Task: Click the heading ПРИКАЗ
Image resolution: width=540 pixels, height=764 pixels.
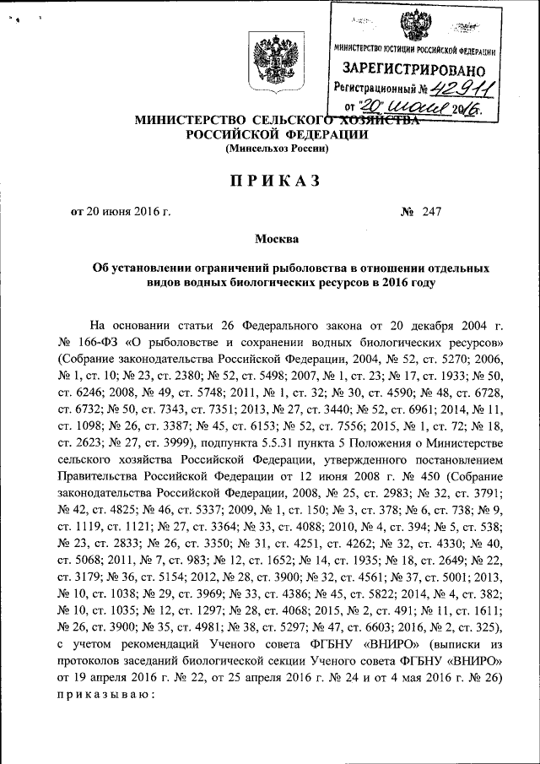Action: click(270, 180)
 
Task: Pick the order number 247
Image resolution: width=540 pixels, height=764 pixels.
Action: click(434, 211)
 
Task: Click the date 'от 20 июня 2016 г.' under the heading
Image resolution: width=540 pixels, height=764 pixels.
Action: click(121, 211)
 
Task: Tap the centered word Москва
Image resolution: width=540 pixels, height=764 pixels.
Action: click(271, 240)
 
